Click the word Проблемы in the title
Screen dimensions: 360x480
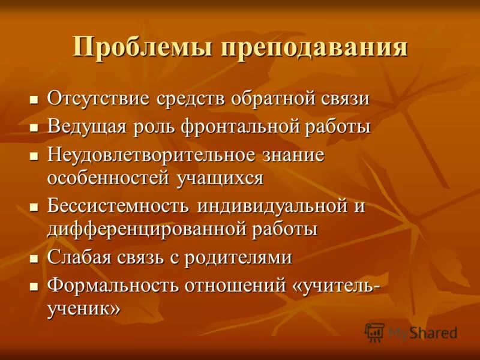click(141, 47)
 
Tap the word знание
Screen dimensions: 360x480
click(293, 155)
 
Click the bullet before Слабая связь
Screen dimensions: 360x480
click(34, 258)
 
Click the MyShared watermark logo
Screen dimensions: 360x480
click(412, 332)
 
